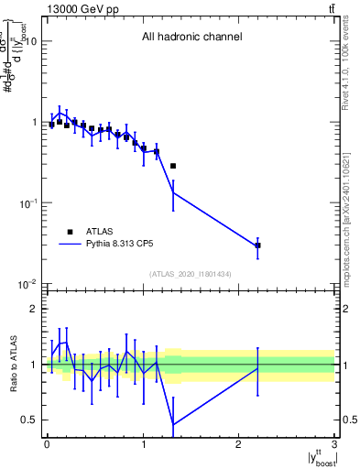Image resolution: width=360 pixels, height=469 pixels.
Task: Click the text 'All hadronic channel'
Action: pyautogui.click(x=191, y=38)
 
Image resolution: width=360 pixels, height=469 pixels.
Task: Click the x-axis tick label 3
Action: pyautogui.click(x=335, y=445)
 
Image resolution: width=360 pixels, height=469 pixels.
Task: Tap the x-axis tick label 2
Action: pyautogui.click(x=239, y=445)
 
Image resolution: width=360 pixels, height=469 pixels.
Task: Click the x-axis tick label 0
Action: pyautogui.click(x=47, y=445)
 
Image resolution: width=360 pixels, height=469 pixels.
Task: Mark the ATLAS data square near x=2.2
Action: pyautogui.click(x=258, y=245)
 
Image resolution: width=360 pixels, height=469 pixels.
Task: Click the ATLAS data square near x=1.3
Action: pyautogui.click(x=173, y=166)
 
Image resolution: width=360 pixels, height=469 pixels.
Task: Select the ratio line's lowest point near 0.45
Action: pyautogui.click(x=173, y=424)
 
